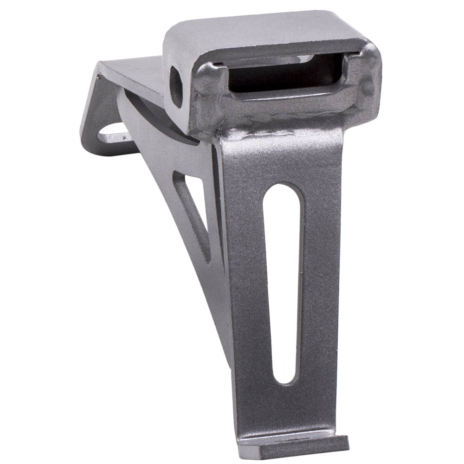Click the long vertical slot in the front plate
(x=284, y=283)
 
